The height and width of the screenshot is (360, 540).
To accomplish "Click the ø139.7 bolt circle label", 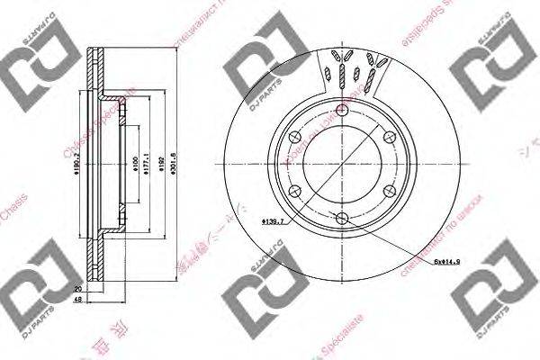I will (273, 220).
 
